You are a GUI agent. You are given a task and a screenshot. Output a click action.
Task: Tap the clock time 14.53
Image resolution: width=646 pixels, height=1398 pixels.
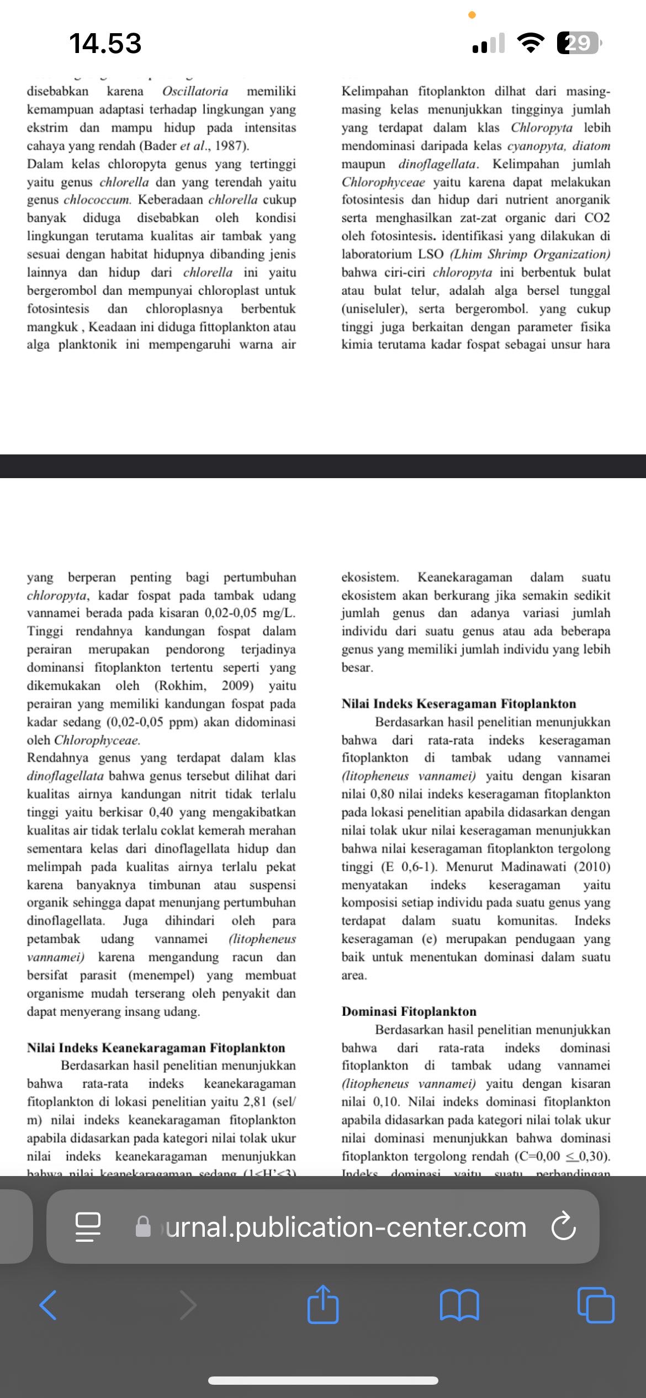(x=105, y=43)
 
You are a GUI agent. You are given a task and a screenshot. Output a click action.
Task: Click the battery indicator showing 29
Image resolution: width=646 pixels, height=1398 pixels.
(x=578, y=43)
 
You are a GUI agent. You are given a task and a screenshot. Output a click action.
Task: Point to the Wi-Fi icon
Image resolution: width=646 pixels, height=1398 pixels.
(x=530, y=43)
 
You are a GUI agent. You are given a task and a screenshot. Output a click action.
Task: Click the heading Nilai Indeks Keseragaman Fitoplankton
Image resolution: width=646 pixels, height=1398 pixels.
(x=458, y=703)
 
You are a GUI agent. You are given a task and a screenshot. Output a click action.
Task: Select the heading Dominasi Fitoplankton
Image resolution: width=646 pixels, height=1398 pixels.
(x=409, y=1011)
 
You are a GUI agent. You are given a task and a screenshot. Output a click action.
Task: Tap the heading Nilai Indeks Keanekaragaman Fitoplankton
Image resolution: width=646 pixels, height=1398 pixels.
(x=156, y=1047)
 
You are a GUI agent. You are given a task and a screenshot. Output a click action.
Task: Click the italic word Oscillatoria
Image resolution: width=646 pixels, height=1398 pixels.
(x=195, y=91)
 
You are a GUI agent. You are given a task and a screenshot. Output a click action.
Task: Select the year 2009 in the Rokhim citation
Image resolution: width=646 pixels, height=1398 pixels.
(x=237, y=685)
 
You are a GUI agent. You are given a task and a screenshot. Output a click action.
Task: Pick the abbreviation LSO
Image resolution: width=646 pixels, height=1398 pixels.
(x=430, y=254)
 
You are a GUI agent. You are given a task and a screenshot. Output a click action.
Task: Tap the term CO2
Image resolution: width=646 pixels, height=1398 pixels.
(x=597, y=218)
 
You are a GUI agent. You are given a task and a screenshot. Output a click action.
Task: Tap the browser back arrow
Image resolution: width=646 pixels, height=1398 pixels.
(x=48, y=1305)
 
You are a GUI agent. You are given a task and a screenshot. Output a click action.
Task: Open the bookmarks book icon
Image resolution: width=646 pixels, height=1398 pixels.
(x=459, y=1305)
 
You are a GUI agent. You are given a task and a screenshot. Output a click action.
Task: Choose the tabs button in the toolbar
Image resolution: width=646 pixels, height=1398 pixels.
(x=595, y=1305)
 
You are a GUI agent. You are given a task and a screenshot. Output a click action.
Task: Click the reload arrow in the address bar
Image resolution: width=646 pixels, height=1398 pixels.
(x=563, y=1227)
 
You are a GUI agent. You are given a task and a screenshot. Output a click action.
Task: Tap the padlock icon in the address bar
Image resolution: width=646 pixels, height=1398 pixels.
(x=144, y=1227)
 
